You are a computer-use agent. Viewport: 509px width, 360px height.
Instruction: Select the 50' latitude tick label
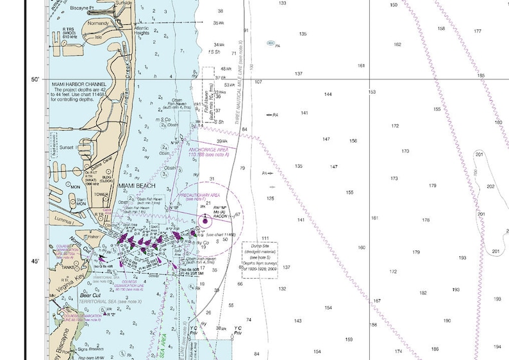click(x=35, y=79)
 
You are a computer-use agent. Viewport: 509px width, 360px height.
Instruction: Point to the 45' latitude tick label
click(x=35, y=261)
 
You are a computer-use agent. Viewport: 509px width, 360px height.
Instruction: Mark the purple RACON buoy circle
click(x=205, y=221)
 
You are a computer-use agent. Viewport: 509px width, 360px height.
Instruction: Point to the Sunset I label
click(x=67, y=147)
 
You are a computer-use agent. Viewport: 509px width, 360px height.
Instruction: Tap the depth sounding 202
click(x=490, y=186)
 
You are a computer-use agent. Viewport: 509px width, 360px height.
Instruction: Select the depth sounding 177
click(x=478, y=31)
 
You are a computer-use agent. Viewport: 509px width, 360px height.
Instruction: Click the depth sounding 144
click(x=328, y=94)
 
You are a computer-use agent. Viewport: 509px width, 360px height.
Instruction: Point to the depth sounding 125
click(x=270, y=199)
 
